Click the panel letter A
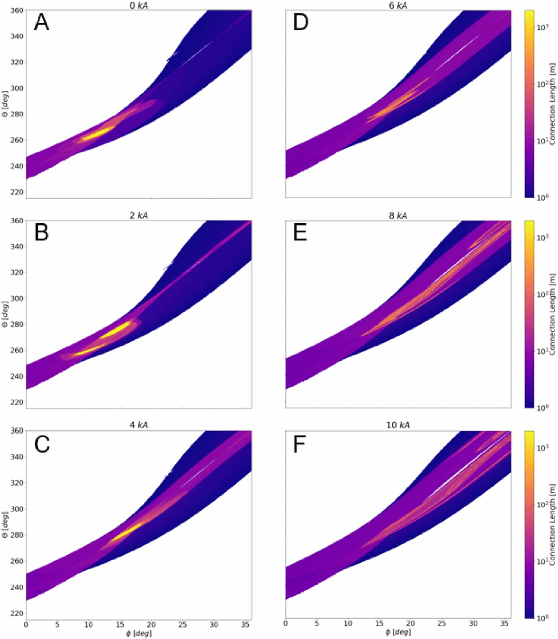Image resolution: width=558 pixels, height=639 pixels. coord(42,24)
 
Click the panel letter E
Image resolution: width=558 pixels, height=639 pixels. coord(300,233)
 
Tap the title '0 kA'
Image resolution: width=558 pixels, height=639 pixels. coord(139,6)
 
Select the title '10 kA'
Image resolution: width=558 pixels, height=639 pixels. coord(398,425)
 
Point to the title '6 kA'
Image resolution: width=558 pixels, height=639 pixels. coord(398,6)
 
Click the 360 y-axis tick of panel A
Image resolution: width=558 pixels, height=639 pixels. coord(16,10)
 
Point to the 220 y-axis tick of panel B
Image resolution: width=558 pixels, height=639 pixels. coord(16,402)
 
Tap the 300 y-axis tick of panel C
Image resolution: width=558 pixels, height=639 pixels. coord(16,509)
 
